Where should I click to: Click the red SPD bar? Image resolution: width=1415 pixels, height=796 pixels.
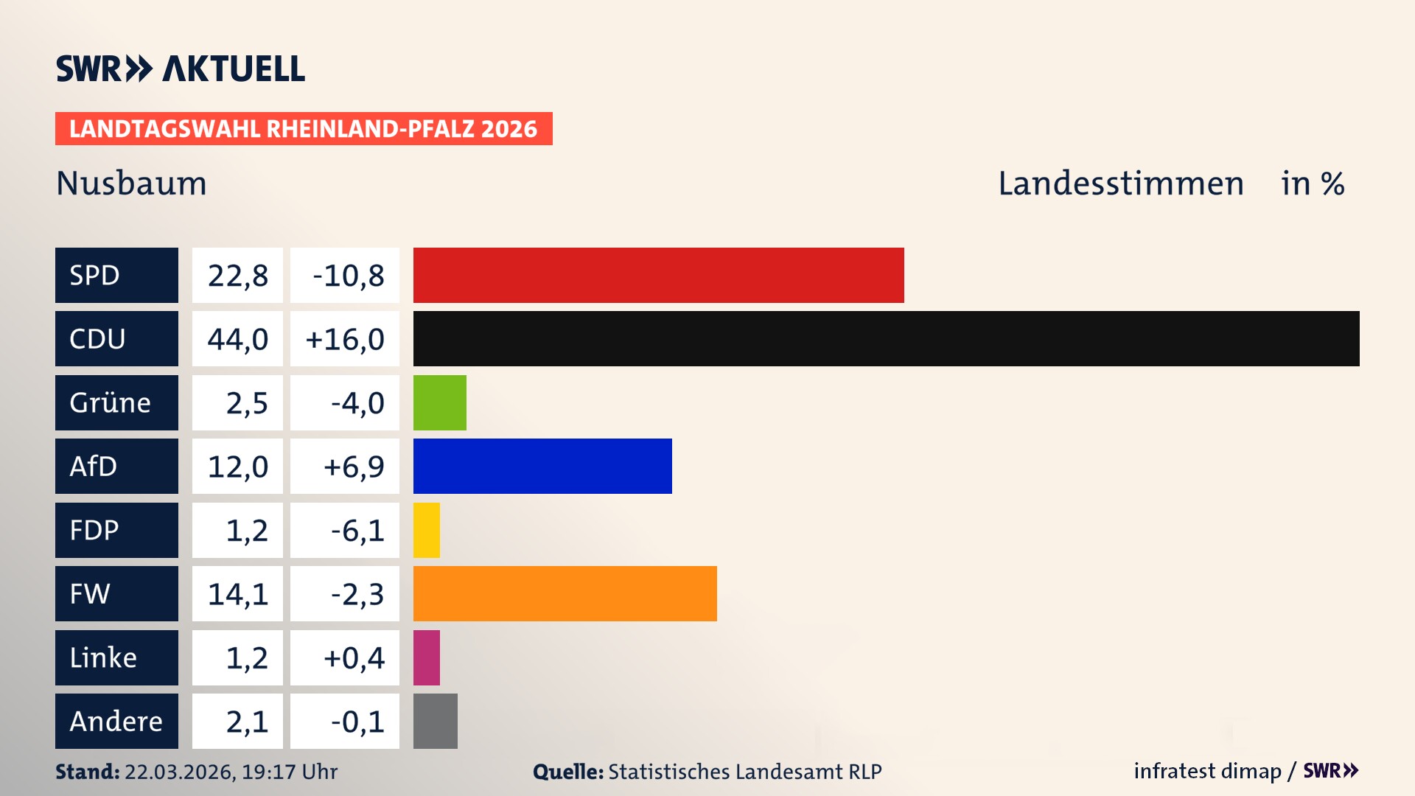tap(658, 275)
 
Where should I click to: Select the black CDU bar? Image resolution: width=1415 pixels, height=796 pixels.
tap(886, 339)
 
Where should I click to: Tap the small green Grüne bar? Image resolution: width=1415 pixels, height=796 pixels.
tap(439, 402)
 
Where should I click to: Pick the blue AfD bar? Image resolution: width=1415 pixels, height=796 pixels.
tap(542, 466)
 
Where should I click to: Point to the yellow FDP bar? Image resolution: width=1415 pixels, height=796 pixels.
tap(427, 530)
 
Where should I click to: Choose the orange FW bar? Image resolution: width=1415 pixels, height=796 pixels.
tap(565, 593)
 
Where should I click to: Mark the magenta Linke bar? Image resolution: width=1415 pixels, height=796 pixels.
tap(427, 657)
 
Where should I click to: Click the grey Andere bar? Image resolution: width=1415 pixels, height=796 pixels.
tap(435, 721)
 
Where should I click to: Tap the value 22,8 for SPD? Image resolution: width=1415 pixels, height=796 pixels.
tap(237, 276)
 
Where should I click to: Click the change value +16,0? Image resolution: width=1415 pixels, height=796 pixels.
tap(344, 339)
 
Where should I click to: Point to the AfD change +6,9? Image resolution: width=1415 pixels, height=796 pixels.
tap(353, 467)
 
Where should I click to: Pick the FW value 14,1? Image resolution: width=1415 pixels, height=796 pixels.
tap(237, 594)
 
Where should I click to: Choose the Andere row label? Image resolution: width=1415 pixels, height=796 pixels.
tap(116, 721)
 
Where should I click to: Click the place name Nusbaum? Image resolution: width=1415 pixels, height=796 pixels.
tap(131, 184)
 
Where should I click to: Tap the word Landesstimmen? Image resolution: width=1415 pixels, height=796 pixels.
tap(1120, 184)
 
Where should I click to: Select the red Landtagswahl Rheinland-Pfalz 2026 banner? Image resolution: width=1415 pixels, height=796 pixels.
tap(304, 129)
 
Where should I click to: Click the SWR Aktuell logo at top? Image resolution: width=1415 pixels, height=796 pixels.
tap(181, 69)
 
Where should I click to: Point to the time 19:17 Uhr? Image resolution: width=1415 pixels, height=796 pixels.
tap(289, 772)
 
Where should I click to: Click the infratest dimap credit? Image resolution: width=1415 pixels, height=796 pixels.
tap(1206, 771)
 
